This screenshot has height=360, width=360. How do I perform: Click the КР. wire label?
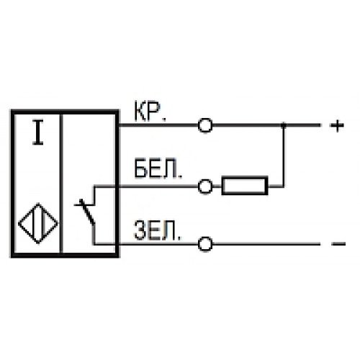(x=150, y=112)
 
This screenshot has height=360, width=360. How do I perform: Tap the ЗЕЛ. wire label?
(x=157, y=230)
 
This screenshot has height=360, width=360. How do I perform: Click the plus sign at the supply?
(x=338, y=125)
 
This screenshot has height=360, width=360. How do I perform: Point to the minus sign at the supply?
(x=338, y=244)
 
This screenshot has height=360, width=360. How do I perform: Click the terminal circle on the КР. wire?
(x=205, y=125)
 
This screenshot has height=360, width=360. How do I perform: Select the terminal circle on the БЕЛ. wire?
(x=205, y=186)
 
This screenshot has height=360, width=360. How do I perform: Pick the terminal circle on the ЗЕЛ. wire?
(x=205, y=244)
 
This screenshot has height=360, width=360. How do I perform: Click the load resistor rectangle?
(x=245, y=178)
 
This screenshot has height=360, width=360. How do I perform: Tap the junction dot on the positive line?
(x=284, y=125)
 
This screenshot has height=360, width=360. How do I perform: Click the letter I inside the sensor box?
(x=38, y=132)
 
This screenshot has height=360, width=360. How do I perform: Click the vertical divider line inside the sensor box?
(x=61, y=183)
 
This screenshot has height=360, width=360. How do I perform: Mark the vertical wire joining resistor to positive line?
(x=284, y=156)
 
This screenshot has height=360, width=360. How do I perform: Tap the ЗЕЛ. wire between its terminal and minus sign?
(x=266, y=244)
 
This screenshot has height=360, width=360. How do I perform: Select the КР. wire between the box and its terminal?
(x=158, y=125)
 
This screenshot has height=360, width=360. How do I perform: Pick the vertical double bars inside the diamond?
(x=38, y=223)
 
